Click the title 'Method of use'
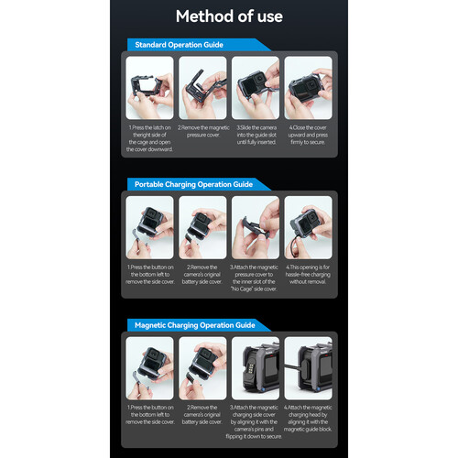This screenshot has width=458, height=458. [x=229, y=16]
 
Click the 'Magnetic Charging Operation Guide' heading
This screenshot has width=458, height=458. [x=193, y=324]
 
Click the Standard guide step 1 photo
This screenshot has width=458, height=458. [x=148, y=86]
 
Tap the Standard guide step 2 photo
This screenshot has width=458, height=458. [x=202, y=86]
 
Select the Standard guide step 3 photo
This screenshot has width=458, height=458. [x=256, y=86]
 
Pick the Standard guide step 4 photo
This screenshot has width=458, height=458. [x=309, y=86]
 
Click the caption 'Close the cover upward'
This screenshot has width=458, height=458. [x=309, y=136]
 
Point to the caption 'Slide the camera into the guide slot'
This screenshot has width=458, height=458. [x=256, y=136]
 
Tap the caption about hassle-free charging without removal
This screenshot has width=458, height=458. [x=309, y=277]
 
